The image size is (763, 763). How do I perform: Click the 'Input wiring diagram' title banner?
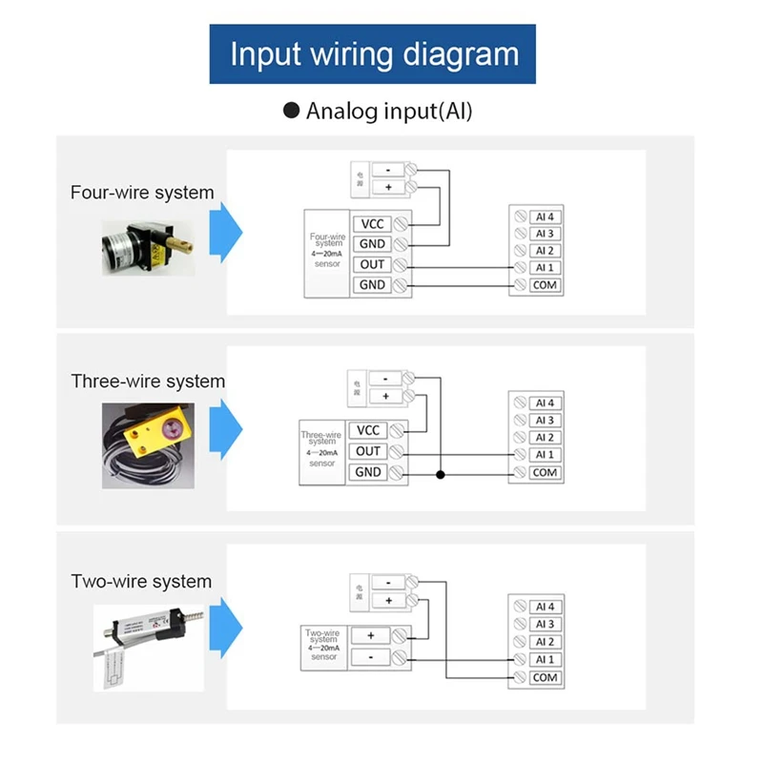pyautogui.click(x=373, y=53)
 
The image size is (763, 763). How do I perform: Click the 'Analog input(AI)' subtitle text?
pyautogui.click(x=388, y=111)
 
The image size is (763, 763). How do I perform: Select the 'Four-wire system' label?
pyautogui.click(x=142, y=193)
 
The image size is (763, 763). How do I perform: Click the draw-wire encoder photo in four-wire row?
pyautogui.click(x=148, y=246)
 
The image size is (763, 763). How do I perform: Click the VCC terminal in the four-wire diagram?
pyautogui.click(x=372, y=224)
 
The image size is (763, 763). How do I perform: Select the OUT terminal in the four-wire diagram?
pyautogui.click(x=372, y=264)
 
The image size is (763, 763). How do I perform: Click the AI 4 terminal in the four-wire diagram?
pyautogui.click(x=545, y=217)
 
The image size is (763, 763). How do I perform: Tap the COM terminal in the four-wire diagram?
pyautogui.click(x=545, y=285)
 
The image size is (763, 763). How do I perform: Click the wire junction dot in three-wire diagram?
pyautogui.click(x=441, y=473)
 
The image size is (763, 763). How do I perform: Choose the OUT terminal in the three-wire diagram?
pyautogui.click(x=368, y=451)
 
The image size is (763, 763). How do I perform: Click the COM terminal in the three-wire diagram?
pyautogui.click(x=545, y=473)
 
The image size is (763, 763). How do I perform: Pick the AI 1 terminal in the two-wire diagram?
pyautogui.click(x=545, y=660)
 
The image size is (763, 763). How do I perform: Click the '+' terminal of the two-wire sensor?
pyautogui.click(x=371, y=635)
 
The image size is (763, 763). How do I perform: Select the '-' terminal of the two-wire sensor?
pyautogui.click(x=371, y=657)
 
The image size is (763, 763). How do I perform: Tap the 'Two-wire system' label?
pyautogui.click(x=141, y=582)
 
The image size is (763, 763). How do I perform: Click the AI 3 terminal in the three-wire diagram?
pyautogui.click(x=545, y=421)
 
